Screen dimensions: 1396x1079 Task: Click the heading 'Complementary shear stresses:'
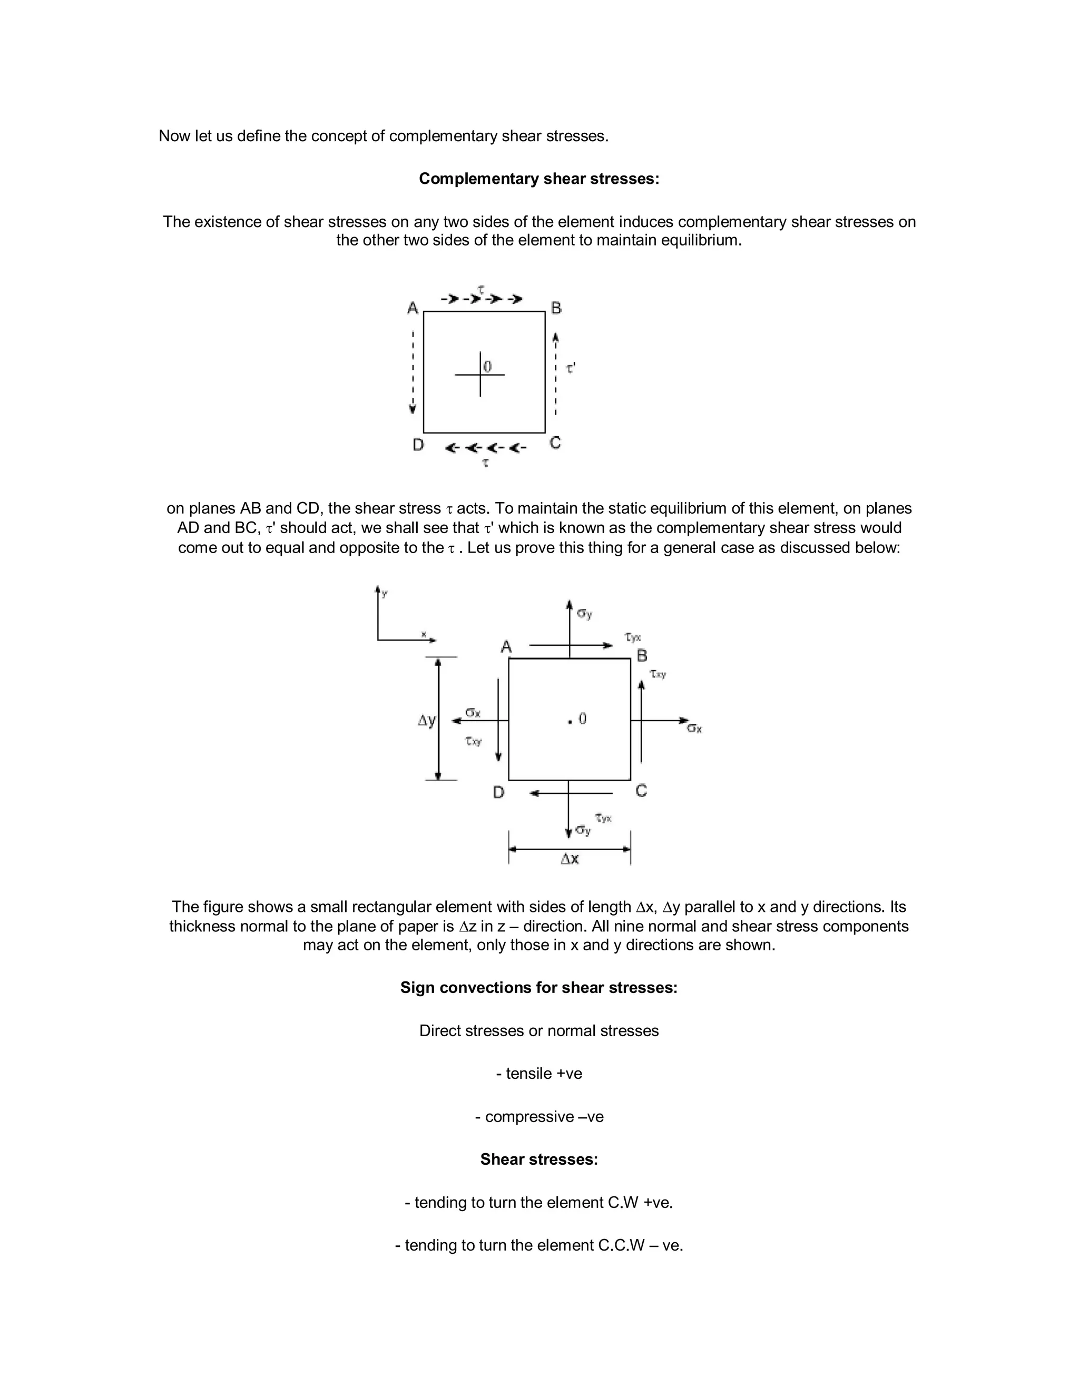pos(539,179)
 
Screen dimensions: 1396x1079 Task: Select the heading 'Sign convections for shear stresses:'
pos(539,988)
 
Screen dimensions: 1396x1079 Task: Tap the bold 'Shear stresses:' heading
pos(539,1159)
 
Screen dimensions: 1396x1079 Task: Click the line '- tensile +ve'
pos(539,1073)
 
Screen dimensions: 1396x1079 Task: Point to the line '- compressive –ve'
pos(539,1117)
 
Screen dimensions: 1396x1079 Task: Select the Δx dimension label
pos(570,859)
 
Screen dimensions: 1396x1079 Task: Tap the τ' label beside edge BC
pos(571,368)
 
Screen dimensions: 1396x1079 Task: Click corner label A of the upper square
pos(413,308)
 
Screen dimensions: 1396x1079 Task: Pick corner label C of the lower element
pos(642,791)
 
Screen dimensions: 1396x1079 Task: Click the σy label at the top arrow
pos(584,614)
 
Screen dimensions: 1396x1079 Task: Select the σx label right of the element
pos(694,728)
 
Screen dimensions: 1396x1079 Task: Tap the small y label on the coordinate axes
pos(384,594)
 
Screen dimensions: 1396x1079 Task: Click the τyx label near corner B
pos(633,637)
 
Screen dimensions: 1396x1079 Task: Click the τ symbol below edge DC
pos(486,462)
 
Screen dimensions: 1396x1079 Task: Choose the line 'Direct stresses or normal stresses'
pos(539,1030)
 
